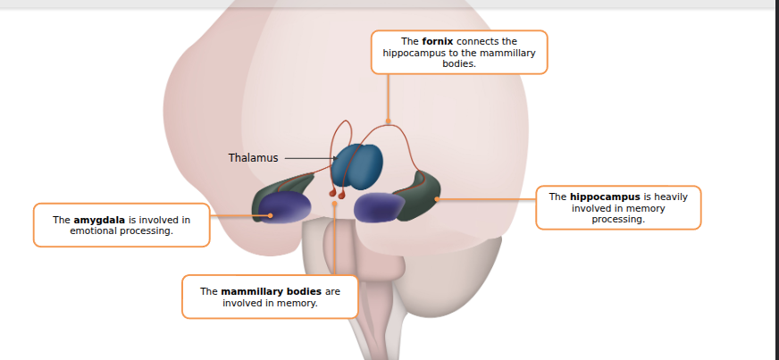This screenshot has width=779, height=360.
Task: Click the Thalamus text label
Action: [x=253, y=158]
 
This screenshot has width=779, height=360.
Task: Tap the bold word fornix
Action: [x=438, y=41]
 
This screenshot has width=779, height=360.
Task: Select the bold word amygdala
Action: [x=99, y=219]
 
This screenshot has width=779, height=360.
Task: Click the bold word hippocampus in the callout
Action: [x=604, y=197]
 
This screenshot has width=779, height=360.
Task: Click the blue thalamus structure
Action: [x=357, y=166]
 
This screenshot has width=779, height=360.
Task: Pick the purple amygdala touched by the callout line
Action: [x=285, y=207]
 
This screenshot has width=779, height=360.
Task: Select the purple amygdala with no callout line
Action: [x=381, y=206]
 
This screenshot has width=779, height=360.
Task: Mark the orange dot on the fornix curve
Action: [x=388, y=121]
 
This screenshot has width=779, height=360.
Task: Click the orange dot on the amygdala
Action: [x=269, y=215]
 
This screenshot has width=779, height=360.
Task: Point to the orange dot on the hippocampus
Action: [x=437, y=198]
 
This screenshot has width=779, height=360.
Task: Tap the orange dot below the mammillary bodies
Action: [x=334, y=204]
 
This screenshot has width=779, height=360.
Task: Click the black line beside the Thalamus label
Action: [x=306, y=159]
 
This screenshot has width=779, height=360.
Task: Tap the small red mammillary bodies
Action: [x=336, y=192]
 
